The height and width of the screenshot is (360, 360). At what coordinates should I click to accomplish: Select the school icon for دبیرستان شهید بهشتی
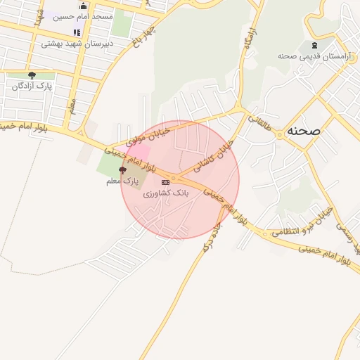pyautogui.click(x=77, y=32)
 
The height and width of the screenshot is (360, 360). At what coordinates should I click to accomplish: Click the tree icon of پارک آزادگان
pyautogui.click(x=32, y=75)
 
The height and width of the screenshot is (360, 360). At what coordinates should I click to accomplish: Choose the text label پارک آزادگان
pyautogui.click(x=32, y=86)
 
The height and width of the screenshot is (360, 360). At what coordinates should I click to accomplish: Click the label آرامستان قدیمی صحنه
pyautogui.click(x=304, y=56)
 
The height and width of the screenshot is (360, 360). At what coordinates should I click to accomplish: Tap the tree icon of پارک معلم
pyautogui.click(x=123, y=170)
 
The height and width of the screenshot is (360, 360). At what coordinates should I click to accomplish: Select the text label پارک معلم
pyautogui.click(x=120, y=181)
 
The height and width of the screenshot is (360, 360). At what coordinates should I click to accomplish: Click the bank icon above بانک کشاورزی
pyautogui.click(x=165, y=182)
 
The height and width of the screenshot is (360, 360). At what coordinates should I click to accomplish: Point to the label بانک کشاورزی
pyautogui.click(x=166, y=193)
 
